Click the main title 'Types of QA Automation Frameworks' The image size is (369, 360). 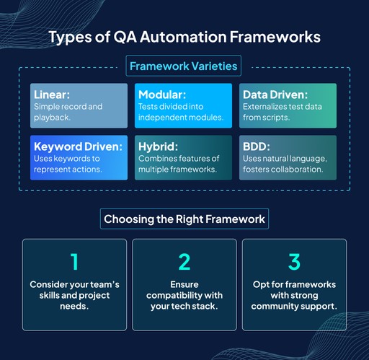pos(184,38)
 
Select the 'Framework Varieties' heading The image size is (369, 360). pos(183,67)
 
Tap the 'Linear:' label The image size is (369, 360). pos(53,95)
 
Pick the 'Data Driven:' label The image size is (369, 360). pos(276,95)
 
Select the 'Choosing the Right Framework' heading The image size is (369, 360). pos(184,219)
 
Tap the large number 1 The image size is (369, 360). pos(74,261)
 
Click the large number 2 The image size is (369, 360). pos(184,261)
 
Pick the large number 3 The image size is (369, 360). pos(293,261)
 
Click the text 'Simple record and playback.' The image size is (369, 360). pos(68,111)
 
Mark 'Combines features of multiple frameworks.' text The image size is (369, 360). pos(180,163)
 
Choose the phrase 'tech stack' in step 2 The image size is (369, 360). pos(197,307)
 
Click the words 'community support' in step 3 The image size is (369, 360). pos(293,307)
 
